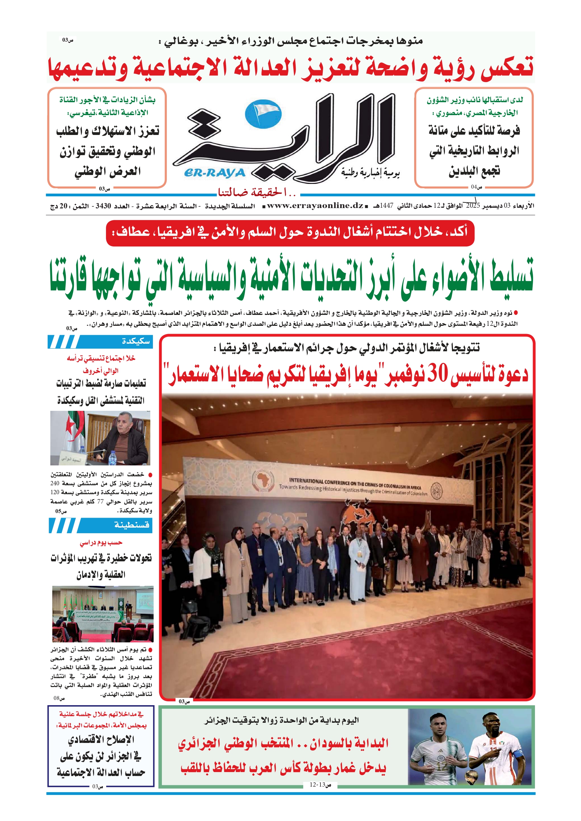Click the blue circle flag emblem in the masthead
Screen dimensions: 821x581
[263, 114]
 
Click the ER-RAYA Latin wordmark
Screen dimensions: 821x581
[215, 173]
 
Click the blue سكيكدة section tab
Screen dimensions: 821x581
[101, 341]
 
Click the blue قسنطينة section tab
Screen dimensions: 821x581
[101, 525]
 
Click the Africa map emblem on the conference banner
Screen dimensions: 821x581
[263, 480]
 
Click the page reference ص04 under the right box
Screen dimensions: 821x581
[476, 187]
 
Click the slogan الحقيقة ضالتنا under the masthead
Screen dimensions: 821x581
[257, 193]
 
